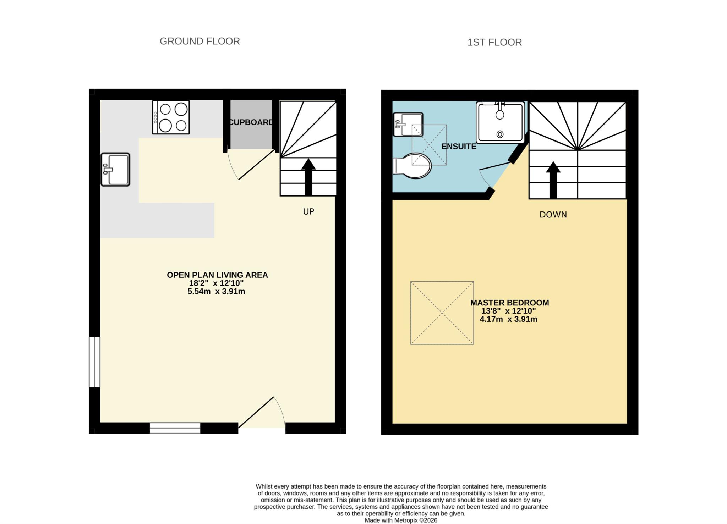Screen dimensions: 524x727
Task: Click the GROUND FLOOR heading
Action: [199, 41]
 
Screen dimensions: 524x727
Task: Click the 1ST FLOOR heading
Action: [494, 42]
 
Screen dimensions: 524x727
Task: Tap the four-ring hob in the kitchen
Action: [171, 117]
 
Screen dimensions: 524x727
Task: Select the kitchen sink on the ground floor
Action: [115, 170]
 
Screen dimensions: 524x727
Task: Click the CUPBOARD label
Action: [251, 122]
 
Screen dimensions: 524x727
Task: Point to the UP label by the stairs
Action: [308, 211]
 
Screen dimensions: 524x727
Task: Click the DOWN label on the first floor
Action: [553, 215]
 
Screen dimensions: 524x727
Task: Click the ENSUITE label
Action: [459, 147]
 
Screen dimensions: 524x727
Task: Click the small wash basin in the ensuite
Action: [408, 124]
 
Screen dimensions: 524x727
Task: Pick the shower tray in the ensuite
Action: [500, 122]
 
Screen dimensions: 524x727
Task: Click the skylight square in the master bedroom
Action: [442, 313]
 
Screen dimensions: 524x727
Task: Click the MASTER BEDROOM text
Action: [509, 303]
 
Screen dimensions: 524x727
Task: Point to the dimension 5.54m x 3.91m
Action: [216, 292]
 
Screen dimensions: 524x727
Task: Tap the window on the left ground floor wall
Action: [94, 362]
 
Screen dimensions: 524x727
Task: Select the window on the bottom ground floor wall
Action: [175, 428]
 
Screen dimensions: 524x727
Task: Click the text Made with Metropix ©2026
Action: [401, 520]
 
